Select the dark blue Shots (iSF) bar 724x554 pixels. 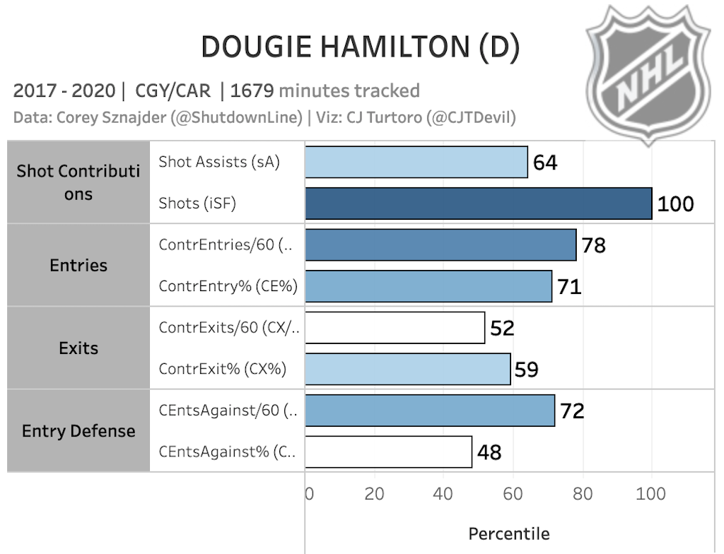point(478,204)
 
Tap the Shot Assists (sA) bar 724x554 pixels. point(416,163)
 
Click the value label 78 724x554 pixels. point(593,245)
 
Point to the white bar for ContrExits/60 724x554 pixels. point(395,328)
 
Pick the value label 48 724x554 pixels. point(489,452)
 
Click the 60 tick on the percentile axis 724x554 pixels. point(512,493)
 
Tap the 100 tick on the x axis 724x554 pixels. point(650,493)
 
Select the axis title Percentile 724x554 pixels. point(508,533)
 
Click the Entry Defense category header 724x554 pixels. point(78,431)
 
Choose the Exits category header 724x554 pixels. point(78,348)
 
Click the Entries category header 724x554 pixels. point(78,266)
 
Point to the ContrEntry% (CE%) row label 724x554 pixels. point(228,286)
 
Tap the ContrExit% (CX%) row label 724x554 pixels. point(223,369)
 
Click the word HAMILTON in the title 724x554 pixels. point(383,47)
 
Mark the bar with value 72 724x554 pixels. point(430,411)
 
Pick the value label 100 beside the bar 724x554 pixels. point(675,204)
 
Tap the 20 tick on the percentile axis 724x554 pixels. point(373,493)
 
